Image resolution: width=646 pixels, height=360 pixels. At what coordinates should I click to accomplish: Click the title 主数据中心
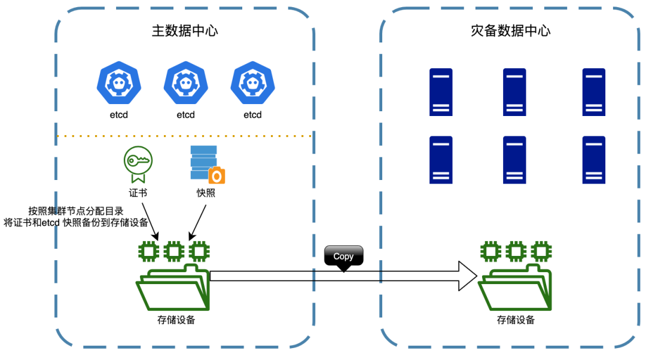(184, 31)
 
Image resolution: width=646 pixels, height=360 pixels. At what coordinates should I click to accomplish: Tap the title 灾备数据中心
(510, 31)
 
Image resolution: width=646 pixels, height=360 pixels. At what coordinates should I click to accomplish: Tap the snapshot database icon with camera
(206, 164)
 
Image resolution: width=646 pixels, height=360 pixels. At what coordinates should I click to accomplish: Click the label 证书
(138, 193)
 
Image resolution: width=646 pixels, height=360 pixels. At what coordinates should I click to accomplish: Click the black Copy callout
(343, 256)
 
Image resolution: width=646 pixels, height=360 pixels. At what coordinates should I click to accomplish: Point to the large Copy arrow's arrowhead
(467, 276)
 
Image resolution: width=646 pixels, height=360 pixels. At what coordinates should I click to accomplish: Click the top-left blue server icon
(441, 91)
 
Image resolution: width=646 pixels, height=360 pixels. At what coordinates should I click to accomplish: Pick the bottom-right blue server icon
(594, 160)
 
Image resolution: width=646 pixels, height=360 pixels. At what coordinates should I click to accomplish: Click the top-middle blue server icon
(514, 91)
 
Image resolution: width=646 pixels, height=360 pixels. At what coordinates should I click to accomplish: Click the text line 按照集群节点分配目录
(76, 210)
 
